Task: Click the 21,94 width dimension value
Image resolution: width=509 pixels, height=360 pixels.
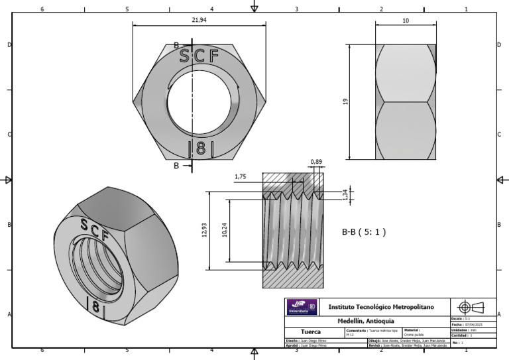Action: pos(199,21)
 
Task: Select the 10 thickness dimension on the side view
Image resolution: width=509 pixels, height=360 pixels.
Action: pos(406,21)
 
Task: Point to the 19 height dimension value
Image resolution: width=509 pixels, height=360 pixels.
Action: pos(345,101)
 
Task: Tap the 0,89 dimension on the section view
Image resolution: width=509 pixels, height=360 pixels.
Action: pos(316,162)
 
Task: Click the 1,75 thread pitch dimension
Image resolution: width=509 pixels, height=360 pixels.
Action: pos(241,177)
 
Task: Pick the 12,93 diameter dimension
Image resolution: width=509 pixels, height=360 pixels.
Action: pos(204,231)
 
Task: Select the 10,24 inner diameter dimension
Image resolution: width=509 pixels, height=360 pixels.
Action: pos(225,231)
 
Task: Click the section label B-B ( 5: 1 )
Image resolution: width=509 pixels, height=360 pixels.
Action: pos(363,232)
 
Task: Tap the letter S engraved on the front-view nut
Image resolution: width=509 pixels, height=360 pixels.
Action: pos(184,56)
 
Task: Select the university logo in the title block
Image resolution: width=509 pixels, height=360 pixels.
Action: pos(302,307)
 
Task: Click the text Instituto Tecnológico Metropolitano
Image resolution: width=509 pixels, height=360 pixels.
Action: pos(381,307)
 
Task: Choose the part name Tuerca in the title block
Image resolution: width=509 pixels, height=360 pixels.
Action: pos(311,331)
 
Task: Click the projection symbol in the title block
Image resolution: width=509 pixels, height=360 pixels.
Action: pos(471,306)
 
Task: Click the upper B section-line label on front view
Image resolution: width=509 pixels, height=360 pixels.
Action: pos(176,45)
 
